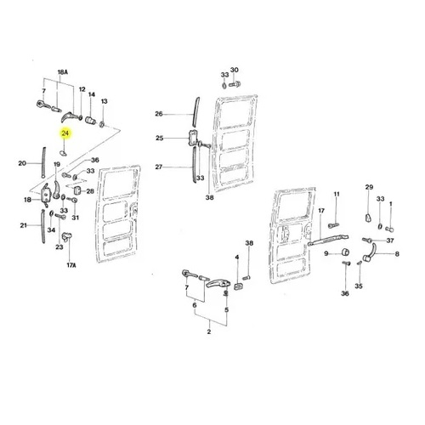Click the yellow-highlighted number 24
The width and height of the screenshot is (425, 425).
click(65, 133)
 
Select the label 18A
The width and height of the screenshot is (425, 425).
click(63, 72)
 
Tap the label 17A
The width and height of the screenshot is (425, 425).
click(71, 265)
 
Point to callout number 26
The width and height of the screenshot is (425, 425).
click(159, 114)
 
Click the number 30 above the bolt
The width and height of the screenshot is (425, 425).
click(235, 70)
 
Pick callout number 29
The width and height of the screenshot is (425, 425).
click(369, 187)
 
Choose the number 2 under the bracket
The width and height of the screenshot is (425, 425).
click(209, 331)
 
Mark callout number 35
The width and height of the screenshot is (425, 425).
click(359, 286)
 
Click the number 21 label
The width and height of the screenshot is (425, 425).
click(24, 225)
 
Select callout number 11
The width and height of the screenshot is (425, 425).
click(337, 194)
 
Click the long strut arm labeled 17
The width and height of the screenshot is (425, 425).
click(328, 240)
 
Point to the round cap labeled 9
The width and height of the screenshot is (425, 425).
click(345, 252)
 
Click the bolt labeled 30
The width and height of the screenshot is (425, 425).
click(235, 84)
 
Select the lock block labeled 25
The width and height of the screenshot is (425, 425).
click(193, 138)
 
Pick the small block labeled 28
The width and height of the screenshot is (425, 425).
click(78, 190)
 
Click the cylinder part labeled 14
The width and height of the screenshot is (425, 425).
click(91, 120)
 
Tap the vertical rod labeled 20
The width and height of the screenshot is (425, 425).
click(43, 162)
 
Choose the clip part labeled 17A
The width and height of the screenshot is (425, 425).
click(67, 236)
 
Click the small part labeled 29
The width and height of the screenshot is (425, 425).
click(368, 218)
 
